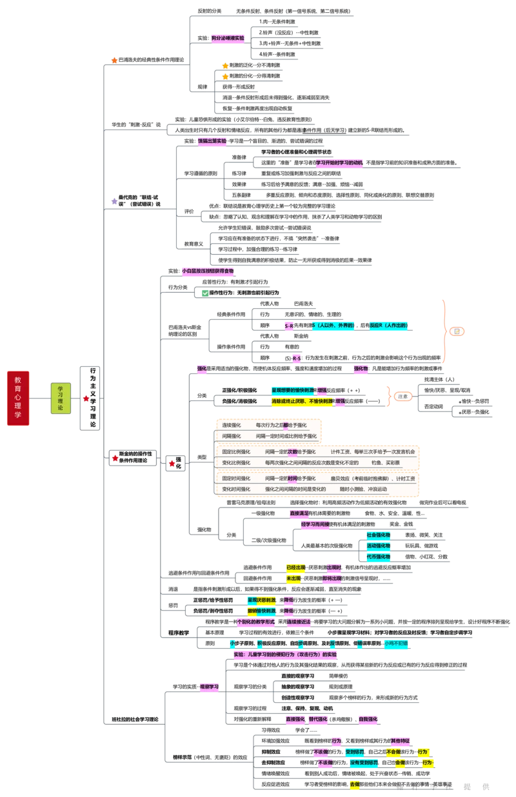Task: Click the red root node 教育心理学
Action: click(18, 398)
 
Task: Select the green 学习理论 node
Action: click(61, 398)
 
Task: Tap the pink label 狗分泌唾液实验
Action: click(228, 39)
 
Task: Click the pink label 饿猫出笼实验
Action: click(212, 140)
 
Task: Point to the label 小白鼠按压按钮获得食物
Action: click(208, 271)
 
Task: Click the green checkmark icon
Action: click(205, 293)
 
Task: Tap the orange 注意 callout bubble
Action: click(402, 396)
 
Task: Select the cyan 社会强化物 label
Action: click(379, 535)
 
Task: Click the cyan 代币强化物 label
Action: click(379, 556)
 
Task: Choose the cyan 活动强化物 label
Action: click(379, 546)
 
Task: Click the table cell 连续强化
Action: click(232, 426)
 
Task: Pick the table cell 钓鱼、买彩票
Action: click(385, 462)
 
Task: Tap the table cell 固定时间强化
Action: click(236, 479)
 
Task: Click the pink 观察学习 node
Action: click(209, 687)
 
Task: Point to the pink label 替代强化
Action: click(318, 719)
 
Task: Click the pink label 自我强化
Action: click(368, 719)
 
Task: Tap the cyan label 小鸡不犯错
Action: click(395, 644)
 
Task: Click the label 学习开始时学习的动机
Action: click(341, 162)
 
